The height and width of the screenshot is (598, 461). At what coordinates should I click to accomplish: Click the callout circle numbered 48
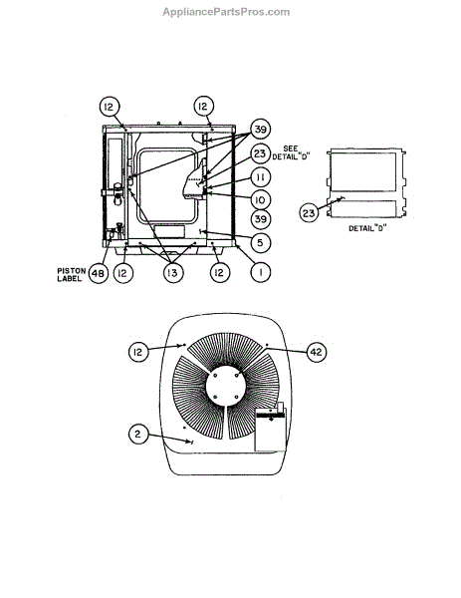[99, 273]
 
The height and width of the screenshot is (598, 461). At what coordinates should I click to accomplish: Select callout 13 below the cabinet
[172, 273]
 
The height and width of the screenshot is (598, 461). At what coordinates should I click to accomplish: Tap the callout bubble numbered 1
[261, 272]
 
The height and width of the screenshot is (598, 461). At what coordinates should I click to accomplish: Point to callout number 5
[261, 242]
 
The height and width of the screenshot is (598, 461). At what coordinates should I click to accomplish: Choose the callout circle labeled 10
[261, 200]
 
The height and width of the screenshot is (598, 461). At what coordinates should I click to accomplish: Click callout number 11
[261, 177]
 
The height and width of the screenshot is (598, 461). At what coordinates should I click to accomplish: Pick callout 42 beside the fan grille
[317, 352]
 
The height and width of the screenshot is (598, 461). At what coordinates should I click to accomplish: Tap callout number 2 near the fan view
[138, 434]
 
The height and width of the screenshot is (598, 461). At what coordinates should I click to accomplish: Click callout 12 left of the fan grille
[138, 352]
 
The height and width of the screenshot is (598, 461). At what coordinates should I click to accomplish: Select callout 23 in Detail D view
[309, 212]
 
